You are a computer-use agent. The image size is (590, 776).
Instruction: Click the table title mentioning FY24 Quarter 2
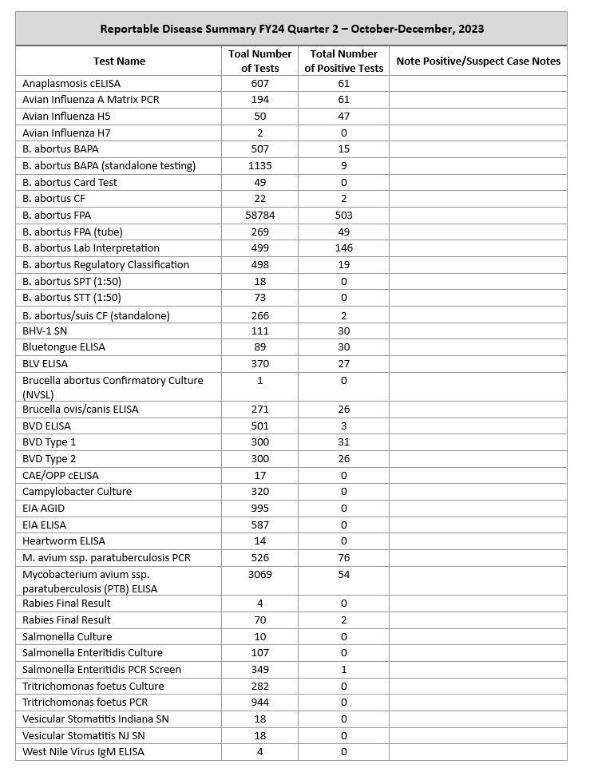291,29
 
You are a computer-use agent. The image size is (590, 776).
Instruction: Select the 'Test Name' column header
119,61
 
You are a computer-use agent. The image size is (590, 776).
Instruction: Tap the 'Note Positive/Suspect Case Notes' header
478,61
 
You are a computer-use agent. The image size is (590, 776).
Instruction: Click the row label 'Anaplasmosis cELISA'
72,83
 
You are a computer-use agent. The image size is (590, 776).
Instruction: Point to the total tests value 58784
260,216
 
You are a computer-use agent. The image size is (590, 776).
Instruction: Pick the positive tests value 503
344,216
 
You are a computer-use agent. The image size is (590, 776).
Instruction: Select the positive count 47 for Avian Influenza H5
344,117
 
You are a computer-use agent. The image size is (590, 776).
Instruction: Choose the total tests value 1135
260,166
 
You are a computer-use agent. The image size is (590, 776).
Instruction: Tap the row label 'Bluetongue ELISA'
64,347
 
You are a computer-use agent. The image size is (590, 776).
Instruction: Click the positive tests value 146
344,248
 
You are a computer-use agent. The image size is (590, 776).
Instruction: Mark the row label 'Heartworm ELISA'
64,541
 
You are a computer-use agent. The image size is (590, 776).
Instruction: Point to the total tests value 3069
260,575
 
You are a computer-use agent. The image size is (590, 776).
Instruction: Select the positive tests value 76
344,558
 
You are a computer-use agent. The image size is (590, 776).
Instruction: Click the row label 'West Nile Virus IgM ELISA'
84,752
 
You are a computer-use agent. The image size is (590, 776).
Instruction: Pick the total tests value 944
260,703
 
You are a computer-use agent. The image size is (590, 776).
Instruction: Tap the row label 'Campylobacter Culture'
77,492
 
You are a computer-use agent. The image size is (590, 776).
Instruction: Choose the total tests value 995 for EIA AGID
260,509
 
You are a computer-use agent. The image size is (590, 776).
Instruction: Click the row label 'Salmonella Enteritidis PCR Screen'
102,670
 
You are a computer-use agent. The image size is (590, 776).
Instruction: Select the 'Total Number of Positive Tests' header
344,61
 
